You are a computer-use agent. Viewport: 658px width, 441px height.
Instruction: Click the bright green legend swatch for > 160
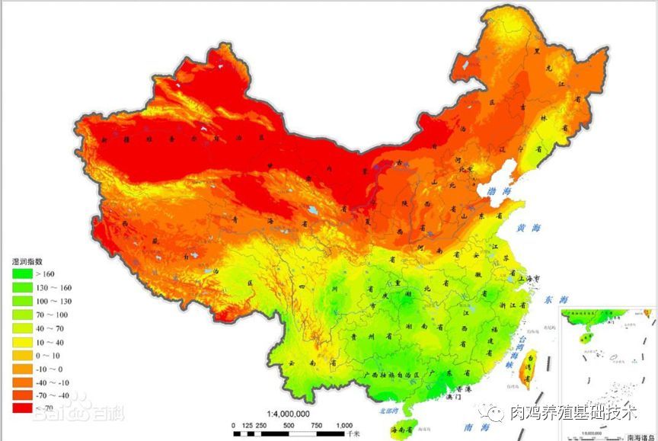tap(22, 273)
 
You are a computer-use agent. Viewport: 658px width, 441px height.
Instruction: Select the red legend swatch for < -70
tap(22, 408)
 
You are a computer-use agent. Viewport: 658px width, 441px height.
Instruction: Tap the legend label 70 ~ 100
tap(50, 314)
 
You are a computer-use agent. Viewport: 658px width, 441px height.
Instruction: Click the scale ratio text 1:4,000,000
tap(288, 413)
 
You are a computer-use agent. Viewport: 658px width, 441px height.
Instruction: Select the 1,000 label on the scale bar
tap(343, 425)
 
